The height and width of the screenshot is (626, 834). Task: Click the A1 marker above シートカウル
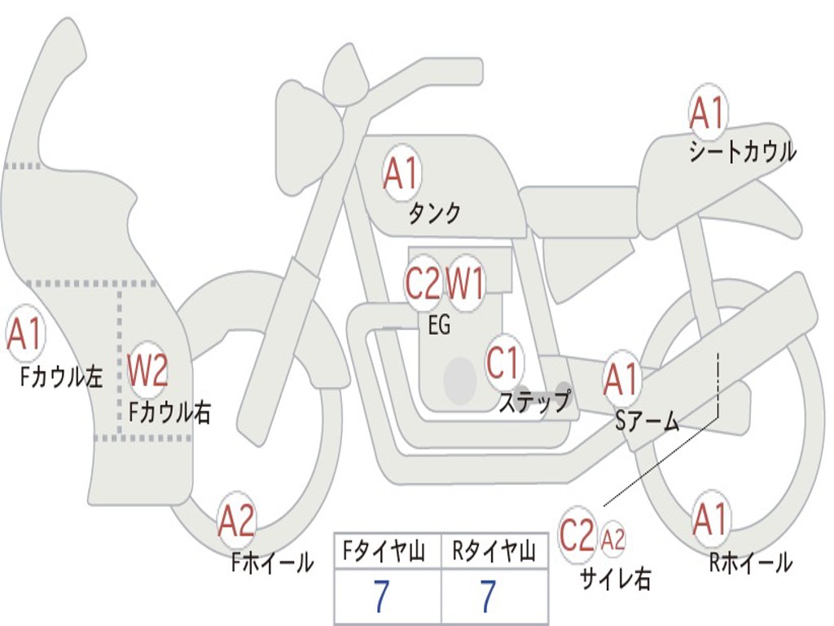coord(708,112)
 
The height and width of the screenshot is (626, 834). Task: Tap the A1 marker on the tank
coord(402,173)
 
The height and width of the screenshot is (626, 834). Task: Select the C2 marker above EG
coord(423,284)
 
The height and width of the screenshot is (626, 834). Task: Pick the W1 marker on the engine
coord(464,284)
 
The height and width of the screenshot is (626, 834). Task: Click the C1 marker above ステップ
coord(503,363)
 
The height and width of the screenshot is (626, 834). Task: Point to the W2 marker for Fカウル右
coord(148,369)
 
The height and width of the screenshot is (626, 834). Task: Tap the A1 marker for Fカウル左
coord(25,333)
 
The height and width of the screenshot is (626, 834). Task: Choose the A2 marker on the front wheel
coord(237,520)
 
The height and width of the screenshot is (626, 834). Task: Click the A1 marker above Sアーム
coord(621,380)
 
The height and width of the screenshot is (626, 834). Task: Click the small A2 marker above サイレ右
coord(612,540)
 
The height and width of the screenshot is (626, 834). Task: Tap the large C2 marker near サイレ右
coord(577,535)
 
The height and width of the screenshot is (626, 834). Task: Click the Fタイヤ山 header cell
coord(388,551)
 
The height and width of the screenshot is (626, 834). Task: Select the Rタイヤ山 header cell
coord(494,551)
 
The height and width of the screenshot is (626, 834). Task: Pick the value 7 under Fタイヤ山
coord(382,596)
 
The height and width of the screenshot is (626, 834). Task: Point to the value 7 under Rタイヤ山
coord(489,596)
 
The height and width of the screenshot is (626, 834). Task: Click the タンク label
coord(434,213)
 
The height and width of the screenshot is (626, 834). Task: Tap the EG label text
coord(439,324)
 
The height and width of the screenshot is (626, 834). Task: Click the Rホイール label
coord(750,562)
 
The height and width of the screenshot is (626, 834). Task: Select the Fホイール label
coord(272,562)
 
